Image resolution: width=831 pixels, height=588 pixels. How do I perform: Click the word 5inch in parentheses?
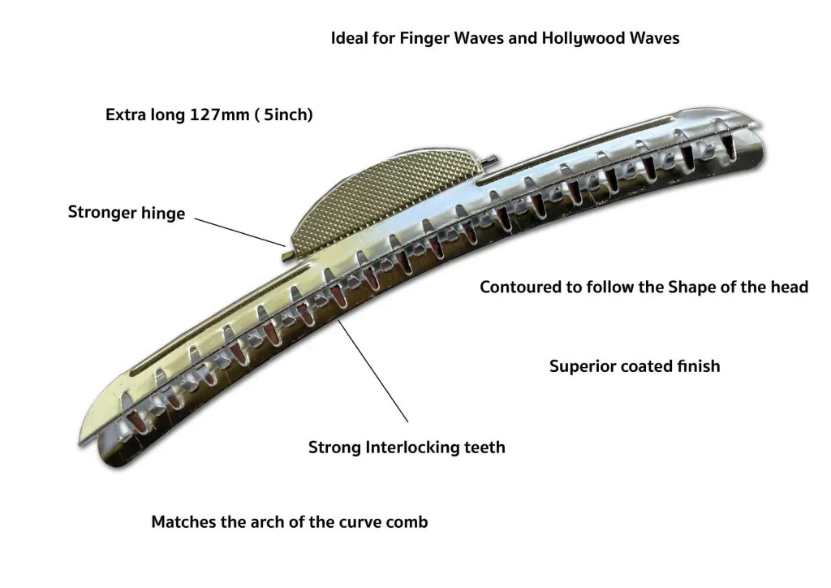coord(284,115)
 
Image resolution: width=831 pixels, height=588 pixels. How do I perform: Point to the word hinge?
coord(162,214)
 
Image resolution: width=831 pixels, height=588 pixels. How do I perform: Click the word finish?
coord(696,365)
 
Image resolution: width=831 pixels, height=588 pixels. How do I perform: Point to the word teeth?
coord(485,447)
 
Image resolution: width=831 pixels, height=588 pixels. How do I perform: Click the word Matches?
coord(183,521)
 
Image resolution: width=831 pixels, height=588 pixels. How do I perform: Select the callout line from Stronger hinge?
coord(239,231)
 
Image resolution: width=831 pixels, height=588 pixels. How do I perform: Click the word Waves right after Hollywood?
coord(652,38)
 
